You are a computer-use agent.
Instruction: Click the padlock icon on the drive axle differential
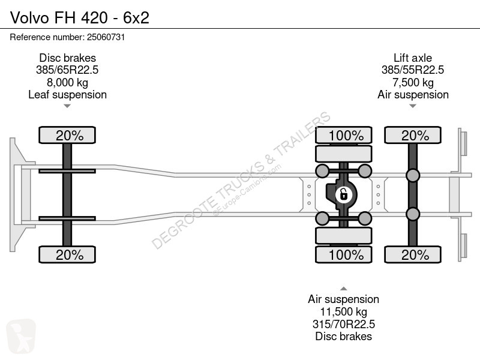coord(343,194)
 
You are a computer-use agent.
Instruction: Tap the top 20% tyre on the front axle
coord(67,135)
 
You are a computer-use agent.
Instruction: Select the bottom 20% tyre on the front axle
coord(67,254)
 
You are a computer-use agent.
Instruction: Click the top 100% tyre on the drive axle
coord(343,135)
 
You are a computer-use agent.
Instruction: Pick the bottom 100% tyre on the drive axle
coord(343,254)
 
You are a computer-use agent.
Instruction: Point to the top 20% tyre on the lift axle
coord(413,135)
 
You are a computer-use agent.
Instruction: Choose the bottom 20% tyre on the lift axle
coord(413,254)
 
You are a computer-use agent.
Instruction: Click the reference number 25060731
coord(106,37)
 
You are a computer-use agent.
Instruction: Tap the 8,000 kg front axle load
coord(67,82)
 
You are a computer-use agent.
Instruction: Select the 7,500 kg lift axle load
coord(413,82)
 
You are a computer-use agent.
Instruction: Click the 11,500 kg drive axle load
coord(343,311)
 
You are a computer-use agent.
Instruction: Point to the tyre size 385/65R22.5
coord(67,70)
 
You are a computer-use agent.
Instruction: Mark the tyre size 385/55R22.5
coord(413,70)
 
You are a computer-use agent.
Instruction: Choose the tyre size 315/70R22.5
coord(343,324)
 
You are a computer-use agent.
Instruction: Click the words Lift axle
coord(413,58)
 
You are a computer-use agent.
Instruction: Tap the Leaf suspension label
coord(67,95)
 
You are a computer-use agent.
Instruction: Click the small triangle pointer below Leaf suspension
coord(67,106)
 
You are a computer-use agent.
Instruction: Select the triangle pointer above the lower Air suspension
coord(343,289)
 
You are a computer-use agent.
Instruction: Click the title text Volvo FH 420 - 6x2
coord(80,18)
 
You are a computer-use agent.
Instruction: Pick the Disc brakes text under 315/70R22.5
coord(343,336)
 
